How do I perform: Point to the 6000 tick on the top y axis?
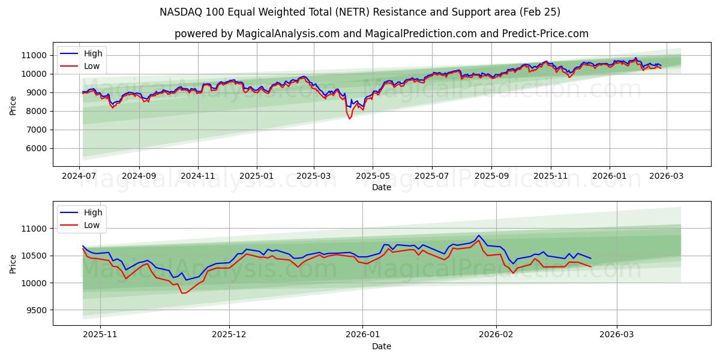coord(35,148)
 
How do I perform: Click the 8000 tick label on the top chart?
coord(35,111)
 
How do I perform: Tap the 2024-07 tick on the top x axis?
coord(80,176)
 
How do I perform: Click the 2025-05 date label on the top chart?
coord(373,176)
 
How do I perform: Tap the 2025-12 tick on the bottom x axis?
coord(229,335)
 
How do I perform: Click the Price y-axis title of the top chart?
coord(13,106)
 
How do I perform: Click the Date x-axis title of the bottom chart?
coord(382,346)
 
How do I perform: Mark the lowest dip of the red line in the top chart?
coord(350,119)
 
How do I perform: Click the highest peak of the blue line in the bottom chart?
coord(479,235)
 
